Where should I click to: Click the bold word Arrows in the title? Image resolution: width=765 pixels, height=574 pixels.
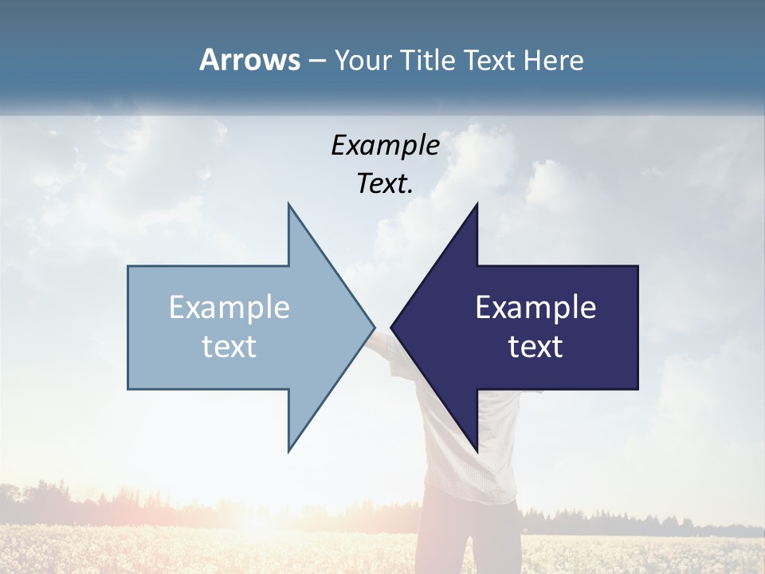point(249,60)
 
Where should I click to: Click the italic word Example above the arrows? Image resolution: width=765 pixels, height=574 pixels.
point(386,145)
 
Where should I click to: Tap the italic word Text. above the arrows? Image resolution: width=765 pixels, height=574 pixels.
point(386,183)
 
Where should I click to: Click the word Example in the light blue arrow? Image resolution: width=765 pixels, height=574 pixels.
point(229,307)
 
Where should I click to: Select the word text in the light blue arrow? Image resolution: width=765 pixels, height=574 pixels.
point(229,346)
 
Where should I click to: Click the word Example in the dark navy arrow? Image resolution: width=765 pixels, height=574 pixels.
point(535,307)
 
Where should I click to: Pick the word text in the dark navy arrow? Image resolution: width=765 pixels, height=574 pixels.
point(535,346)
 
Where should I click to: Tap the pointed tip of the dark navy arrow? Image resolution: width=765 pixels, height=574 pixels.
point(392,327)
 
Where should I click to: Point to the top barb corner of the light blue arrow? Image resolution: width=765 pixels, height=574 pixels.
point(288,205)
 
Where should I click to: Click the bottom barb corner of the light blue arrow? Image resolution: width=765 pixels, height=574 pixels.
point(288,450)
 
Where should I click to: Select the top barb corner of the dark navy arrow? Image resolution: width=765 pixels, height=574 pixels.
point(477,205)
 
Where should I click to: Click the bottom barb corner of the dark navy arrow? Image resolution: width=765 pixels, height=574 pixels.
point(477,450)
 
